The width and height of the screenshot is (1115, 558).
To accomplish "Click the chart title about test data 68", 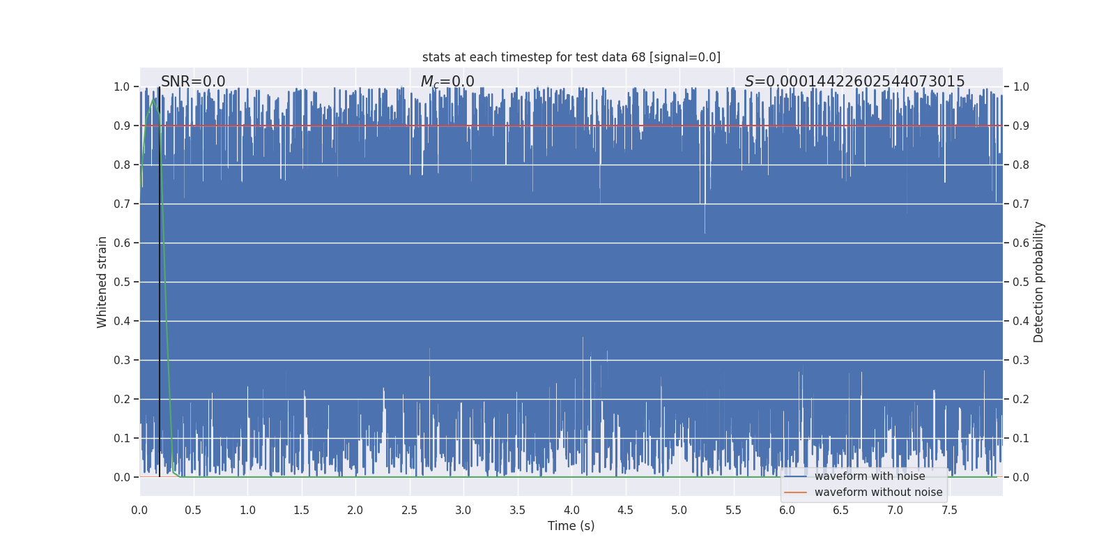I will tap(571, 57).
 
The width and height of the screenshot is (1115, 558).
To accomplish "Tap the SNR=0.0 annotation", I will tap(193, 82).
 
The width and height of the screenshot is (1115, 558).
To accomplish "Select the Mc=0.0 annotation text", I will tap(447, 82).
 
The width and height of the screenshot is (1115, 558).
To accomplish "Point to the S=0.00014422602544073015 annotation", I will tap(854, 82).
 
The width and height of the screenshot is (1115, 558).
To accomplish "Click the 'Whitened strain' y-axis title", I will tap(102, 282).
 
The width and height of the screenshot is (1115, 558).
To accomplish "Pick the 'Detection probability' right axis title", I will tap(1039, 282).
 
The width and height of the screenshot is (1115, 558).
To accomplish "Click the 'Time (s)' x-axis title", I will tap(571, 526).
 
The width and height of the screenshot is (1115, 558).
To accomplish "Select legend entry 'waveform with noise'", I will tap(869, 476).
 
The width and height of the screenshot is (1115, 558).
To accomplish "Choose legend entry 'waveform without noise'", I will tap(877, 492).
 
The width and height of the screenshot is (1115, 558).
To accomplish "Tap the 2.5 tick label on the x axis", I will tap(409, 511).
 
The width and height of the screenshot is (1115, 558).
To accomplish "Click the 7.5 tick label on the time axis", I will tap(949, 511).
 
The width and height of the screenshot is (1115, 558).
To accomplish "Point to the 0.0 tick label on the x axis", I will tap(139, 511).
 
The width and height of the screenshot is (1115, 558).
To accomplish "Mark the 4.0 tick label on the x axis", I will tap(571, 511).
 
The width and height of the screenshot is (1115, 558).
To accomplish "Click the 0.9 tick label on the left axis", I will tap(122, 126).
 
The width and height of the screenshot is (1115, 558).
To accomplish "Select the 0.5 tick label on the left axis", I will tap(122, 282).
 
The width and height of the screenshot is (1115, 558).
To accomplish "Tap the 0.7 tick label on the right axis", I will tap(1021, 204).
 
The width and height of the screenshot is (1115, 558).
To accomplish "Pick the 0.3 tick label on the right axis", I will tap(1021, 360).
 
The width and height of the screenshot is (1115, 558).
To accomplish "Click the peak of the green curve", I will tap(153, 99).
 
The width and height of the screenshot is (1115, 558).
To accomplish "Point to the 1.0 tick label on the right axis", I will tap(1021, 86).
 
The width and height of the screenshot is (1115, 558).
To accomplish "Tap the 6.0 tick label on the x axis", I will tap(787, 511).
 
